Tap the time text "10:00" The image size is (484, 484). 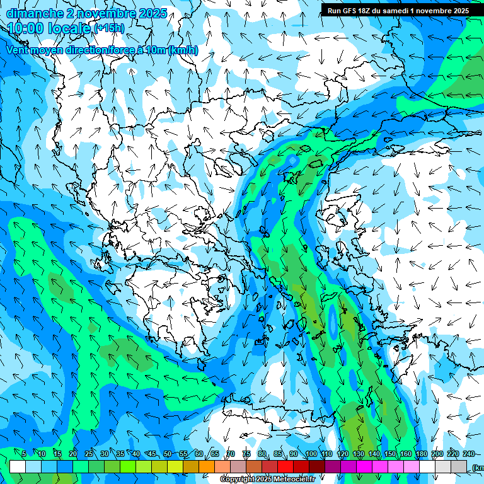pyautogui.click(x=27, y=28)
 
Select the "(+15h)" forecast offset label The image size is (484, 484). pyautogui.click(x=109, y=28)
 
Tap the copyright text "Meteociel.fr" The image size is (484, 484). pyautogui.click(x=294, y=480)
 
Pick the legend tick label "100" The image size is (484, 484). pyautogui.click(x=311, y=454)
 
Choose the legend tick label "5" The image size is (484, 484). pyautogui.click(x=24, y=454)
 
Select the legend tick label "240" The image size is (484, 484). pyautogui.click(x=469, y=454)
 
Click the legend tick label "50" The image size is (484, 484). pyautogui.click(x=168, y=454)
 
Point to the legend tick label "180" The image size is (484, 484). pyautogui.click(x=421, y=454)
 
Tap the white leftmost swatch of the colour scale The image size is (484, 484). pyautogui.click(x=18, y=466)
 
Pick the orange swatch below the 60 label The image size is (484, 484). pyautogui.click(x=207, y=466)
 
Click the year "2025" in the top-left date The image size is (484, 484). pyautogui.click(x=152, y=13)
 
